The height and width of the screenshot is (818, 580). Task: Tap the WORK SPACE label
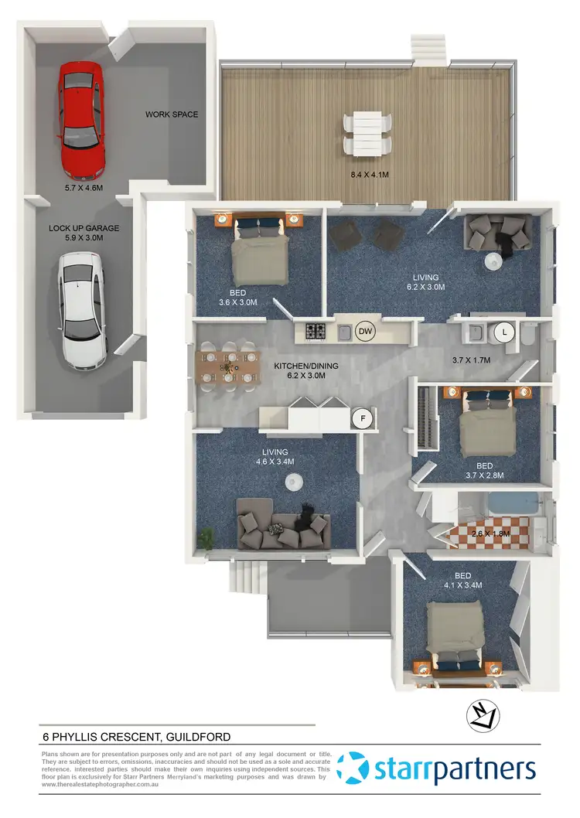pos(172,114)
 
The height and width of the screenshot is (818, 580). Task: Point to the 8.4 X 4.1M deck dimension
pos(369,175)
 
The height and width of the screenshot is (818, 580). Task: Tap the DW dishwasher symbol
pos(366,332)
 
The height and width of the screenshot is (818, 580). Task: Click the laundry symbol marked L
pos(504,332)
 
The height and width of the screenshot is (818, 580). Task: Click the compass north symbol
pos(480,717)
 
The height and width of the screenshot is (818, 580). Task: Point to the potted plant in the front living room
pos(206,537)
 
